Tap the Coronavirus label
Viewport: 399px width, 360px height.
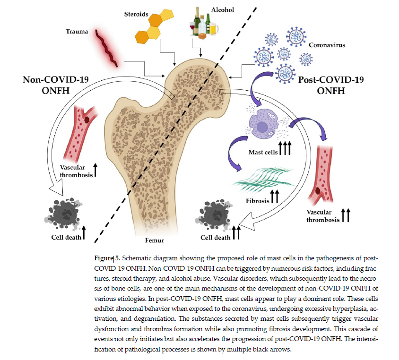coord(327,46)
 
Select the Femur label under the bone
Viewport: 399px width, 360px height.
coord(155,240)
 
